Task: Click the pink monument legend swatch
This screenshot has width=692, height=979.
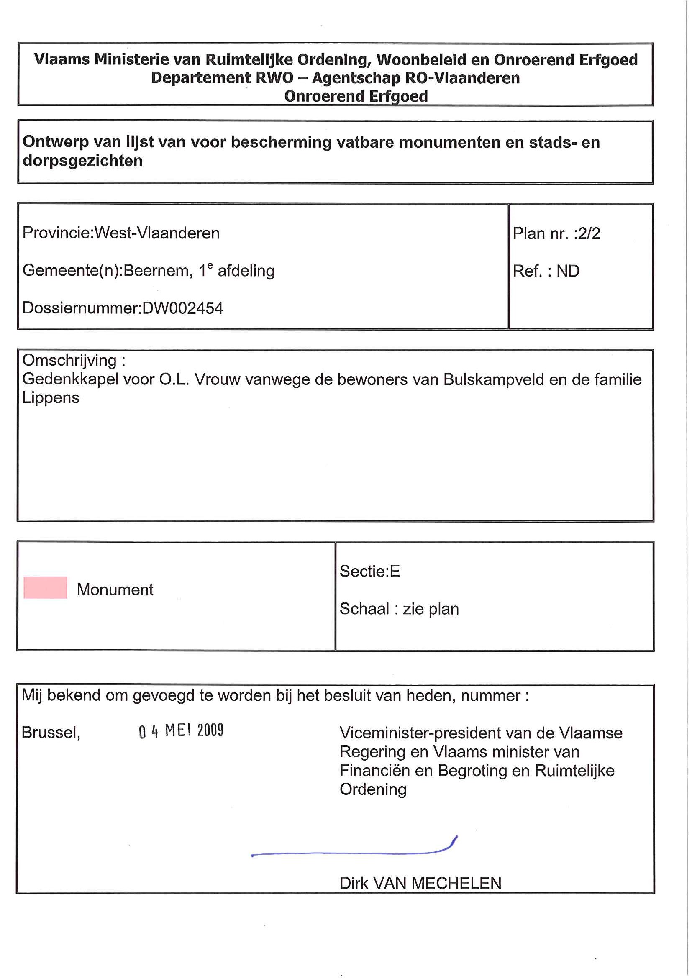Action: [x=45, y=587]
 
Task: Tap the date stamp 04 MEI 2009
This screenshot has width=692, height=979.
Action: [x=181, y=731]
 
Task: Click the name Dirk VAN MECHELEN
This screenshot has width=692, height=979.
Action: [x=420, y=883]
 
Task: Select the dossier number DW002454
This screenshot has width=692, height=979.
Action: [x=182, y=308]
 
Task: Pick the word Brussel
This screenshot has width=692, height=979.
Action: [x=51, y=733]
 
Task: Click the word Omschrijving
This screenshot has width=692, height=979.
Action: [x=69, y=361]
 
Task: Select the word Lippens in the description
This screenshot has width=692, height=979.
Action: [x=51, y=398]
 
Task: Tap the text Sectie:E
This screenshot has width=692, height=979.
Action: [x=370, y=572]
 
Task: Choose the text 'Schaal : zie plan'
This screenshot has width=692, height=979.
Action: [x=399, y=609]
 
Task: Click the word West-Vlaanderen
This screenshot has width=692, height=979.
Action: [x=157, y=233]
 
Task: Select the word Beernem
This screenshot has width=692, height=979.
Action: [x=156, y=271]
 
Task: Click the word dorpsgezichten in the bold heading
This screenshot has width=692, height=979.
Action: [x=83, y=161]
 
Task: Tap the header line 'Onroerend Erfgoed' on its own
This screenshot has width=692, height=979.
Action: [x=356, y=96]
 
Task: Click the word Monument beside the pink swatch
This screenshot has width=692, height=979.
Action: [x=115, y=590]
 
